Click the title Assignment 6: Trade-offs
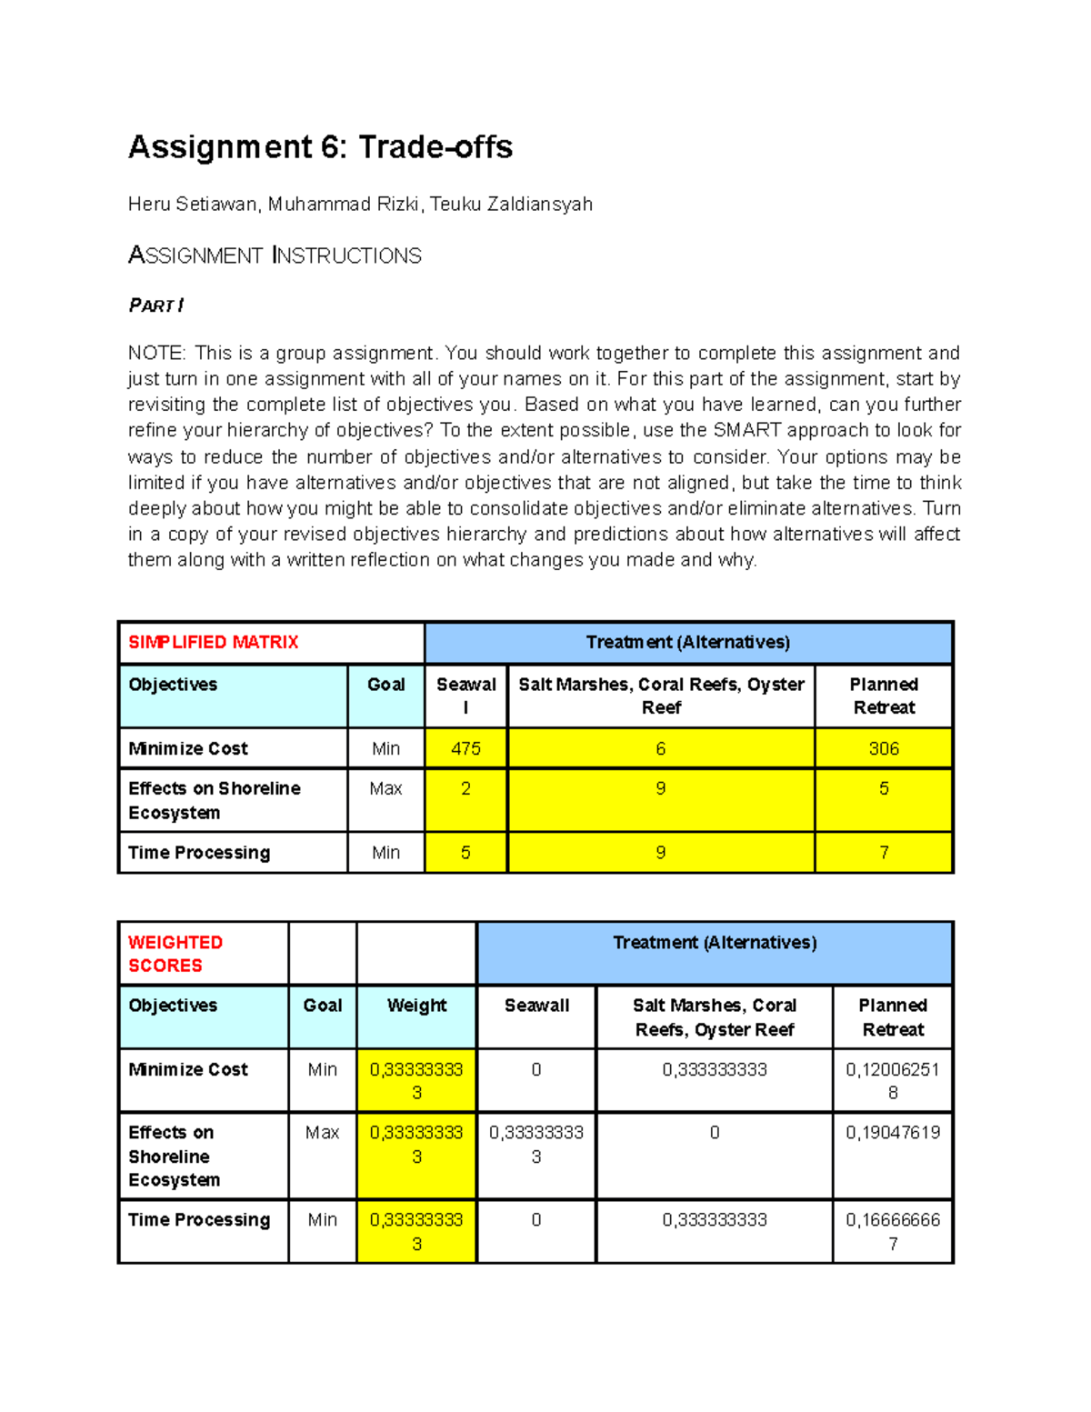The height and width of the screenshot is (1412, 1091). (x=320, y=147)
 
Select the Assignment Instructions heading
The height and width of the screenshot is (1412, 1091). (x=275, y=255)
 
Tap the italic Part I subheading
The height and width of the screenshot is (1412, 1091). (x=155, y=305)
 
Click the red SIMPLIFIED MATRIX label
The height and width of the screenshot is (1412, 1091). (x=213, y=643)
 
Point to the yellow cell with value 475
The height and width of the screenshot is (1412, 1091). (x=465, y=748)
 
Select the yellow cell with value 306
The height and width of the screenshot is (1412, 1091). (x=883, y=748)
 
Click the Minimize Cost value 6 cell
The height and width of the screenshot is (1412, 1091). (x=660, y=748)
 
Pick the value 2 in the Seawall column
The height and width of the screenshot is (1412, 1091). (x=465, y=789)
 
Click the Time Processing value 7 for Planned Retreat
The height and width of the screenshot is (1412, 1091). (x=883, y=853)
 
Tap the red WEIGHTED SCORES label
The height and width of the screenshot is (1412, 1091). (x=175, y=954)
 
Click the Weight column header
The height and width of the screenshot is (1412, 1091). (x=416, y=1006)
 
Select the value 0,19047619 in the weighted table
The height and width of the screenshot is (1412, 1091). (x=892, y=1133)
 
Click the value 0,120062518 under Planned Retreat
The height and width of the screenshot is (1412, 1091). (x=892, y=1081)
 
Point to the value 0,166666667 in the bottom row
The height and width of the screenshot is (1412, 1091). (x=892, y=1231)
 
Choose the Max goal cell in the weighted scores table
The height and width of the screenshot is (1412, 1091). (x=322, y=1133)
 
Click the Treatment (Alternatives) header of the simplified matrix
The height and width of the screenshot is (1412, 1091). (x=687, y=643)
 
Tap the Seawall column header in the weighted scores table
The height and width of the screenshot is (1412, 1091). (x=536, y=1006)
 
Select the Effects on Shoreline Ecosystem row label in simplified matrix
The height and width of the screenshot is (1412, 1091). (x=214, y=800)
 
